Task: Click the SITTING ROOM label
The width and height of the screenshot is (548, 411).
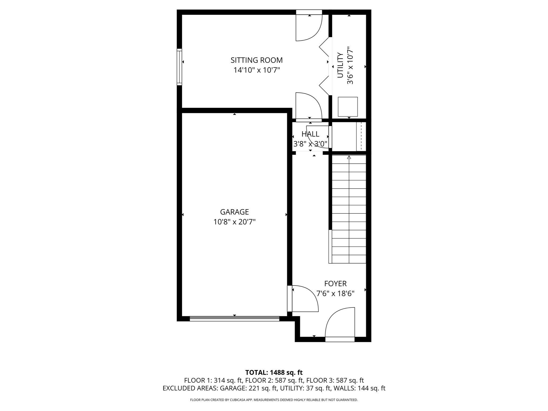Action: tap(256, 60)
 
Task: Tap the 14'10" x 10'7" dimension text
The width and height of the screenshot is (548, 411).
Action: tap(256, 70)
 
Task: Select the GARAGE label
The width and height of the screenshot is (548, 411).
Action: tap(234, 212)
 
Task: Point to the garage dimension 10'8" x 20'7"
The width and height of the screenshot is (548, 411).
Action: tap(234, 222)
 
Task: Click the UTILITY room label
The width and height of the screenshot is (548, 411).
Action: tap(340, 65)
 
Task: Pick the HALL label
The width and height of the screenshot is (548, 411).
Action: tap(310, 134)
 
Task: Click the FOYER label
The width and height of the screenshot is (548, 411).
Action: tap(335, 283)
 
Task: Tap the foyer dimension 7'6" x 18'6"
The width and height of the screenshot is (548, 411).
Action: tap(335, 294)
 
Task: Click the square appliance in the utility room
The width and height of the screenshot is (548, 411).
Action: tap(348, 107)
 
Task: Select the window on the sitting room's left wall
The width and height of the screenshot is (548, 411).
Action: tap(179, 67)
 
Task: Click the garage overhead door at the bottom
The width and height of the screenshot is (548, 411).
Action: tap(234, 318)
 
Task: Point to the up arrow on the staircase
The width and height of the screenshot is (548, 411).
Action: tap(349, 158)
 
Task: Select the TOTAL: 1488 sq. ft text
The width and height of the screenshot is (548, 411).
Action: tap(274, 372)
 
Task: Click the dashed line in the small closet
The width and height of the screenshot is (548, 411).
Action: tap(361, 136)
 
